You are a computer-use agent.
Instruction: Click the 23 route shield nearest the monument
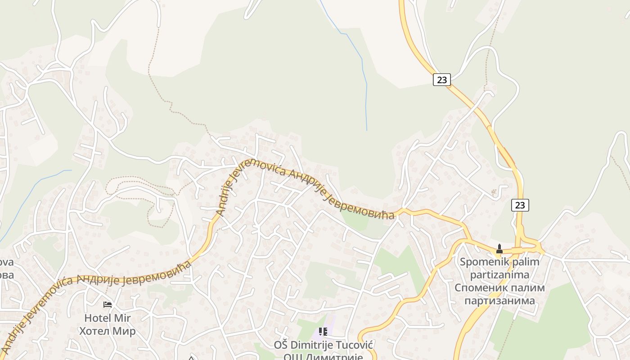pos(520,205)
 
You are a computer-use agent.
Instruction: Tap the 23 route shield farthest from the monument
pos(442,80)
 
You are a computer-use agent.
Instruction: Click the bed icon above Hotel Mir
pos(108,305)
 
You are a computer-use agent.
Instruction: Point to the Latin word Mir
pos(122,318)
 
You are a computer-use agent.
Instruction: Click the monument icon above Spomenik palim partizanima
pos(499,248)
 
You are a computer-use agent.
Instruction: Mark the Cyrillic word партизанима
pos(499,301)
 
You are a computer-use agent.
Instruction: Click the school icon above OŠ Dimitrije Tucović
pos(323,332)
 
